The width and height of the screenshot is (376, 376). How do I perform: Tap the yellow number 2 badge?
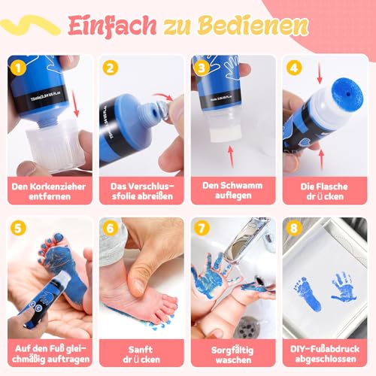point(112,68)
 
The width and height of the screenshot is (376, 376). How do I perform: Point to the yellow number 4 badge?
point(294,68)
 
